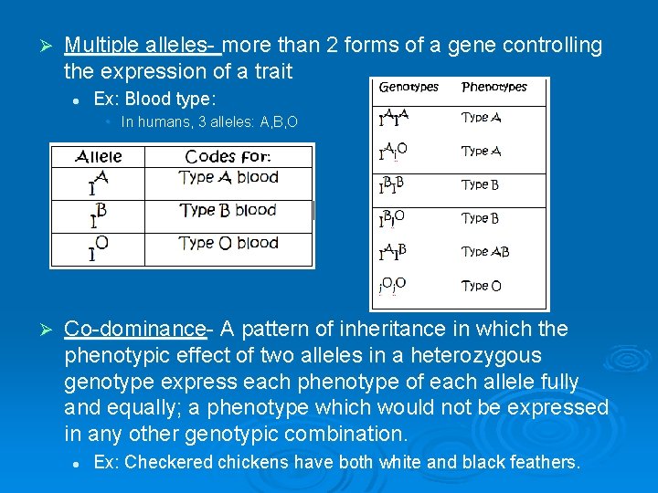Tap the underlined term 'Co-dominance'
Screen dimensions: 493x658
[134, 329]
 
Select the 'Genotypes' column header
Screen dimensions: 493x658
[409, 88]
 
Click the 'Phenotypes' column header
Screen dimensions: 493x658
[494, 88]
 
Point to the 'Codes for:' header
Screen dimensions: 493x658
[228, 157]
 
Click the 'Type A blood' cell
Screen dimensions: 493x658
[228, 178]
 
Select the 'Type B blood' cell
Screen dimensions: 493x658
[228, 210]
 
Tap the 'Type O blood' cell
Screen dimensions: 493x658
[228, 243]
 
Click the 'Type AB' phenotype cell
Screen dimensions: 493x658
[485, 252]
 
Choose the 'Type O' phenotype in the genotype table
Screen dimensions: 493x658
[481, 286]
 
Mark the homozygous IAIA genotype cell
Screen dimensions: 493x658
[393, 118]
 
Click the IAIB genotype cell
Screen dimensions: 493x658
[393, 252]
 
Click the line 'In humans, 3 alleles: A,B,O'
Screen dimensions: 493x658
[209, 121]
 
